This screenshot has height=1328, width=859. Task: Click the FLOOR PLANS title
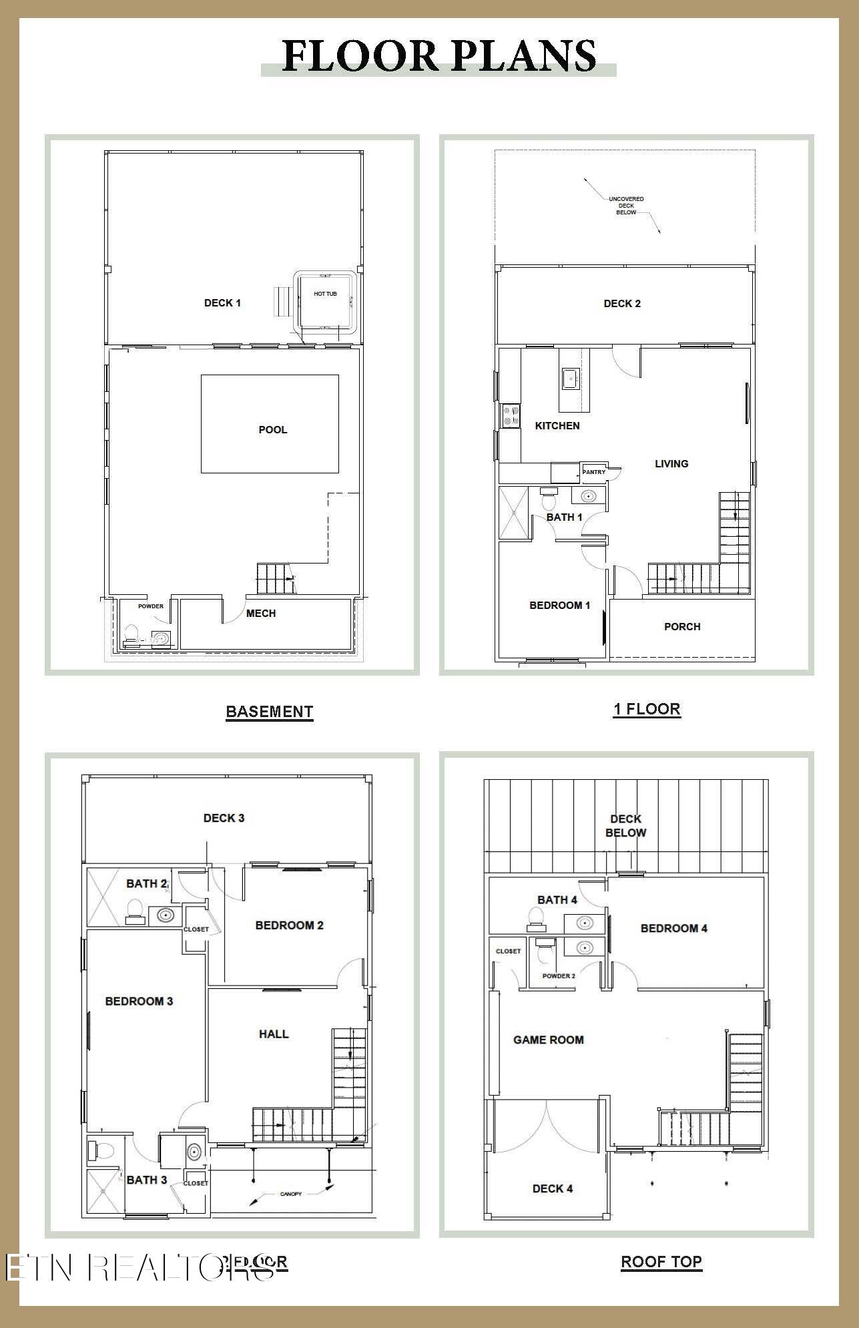coord(439,56)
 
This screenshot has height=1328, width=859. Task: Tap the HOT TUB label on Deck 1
coord(325,294)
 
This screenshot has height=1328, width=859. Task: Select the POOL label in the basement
coord(272,430)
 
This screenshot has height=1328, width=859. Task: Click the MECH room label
coord(260,614)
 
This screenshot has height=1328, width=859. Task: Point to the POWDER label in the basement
coord(151,606)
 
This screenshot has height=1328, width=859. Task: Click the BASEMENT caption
coord(269,712)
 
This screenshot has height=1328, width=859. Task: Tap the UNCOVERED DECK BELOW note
coord(626,206)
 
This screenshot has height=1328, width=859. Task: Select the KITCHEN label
coord(557,426)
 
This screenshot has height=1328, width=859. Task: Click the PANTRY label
coord(593,472)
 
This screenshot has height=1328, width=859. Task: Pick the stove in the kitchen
coord(511,416)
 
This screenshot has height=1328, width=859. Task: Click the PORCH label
coord(682,627)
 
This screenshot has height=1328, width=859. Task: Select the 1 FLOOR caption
coord(647,709)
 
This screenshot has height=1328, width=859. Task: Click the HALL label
coord(274,1034)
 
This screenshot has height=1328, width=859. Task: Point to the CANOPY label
coord(290,1194)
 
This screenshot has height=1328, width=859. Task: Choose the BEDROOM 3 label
coord(139,1002)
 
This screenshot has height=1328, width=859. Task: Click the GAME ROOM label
coord(548,1040)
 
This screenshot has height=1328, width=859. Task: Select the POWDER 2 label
coord(558,975)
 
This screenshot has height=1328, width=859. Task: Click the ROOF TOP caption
coord(661,1262)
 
